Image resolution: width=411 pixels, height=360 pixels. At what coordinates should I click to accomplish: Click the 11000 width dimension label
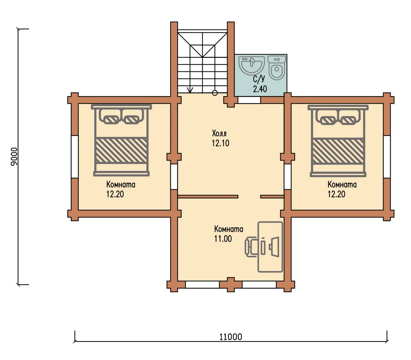point(230,337)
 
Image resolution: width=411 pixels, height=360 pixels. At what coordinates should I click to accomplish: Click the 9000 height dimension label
point(14,157)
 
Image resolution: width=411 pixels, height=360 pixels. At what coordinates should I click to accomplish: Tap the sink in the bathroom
point(251,65)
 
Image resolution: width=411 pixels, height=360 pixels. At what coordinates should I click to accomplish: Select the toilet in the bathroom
point(277,67)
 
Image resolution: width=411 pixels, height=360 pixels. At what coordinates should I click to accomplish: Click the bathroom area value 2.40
point(260,89)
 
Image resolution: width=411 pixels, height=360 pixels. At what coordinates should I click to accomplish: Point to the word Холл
point(219,133)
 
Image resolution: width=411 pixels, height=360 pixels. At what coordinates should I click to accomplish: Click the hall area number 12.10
point(220,143)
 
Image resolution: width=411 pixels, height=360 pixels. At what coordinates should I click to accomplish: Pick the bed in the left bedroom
point(121,140)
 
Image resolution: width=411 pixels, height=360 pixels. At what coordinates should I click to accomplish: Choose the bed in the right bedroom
point(338,140)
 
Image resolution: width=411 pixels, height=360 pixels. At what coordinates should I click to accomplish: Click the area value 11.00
point(223,239)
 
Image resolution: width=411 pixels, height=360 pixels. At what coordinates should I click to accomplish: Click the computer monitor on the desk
point(274,247)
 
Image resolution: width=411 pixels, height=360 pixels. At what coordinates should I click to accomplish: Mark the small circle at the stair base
point(215,93)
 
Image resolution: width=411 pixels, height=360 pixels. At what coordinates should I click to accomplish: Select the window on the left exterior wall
point(75,157)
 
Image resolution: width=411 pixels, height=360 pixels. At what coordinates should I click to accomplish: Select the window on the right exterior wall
point(387,157)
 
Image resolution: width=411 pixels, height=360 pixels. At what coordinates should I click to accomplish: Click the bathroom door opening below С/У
point(249,100)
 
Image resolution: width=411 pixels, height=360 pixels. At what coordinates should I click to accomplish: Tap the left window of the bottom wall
point(202,285)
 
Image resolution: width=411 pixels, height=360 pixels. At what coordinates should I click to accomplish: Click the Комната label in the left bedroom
point(121,185)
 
